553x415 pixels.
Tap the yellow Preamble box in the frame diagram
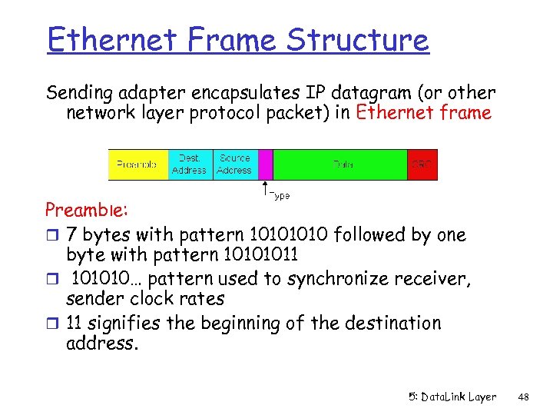pos(137,164)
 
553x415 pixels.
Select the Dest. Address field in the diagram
pos(189,164)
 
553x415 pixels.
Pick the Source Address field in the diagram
pos(234,164)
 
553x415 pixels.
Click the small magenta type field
pos(266,164)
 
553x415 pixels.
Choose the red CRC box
pos(422,164)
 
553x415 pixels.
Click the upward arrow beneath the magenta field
pos(266,188)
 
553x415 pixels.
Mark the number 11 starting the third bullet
pos(76,323)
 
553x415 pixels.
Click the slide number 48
pos(525,397)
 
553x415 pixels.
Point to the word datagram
pos(392,93)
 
